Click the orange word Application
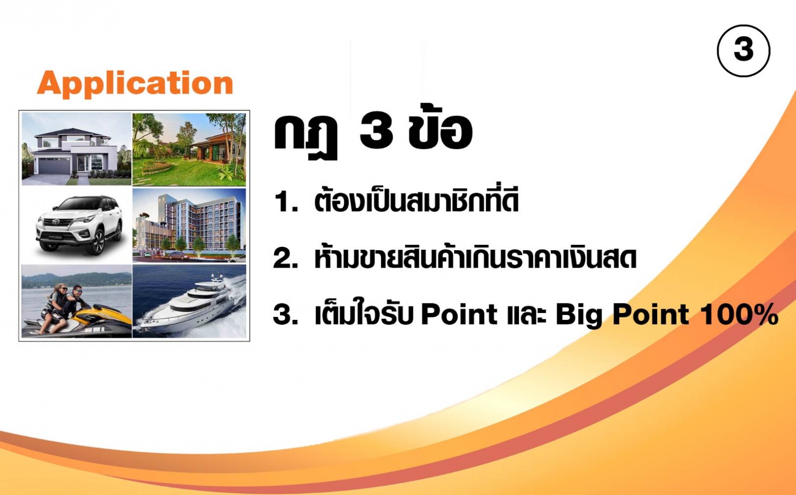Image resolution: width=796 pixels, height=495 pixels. click(x=135, y=83)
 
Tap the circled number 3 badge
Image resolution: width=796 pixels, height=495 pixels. click(x=743, y=50)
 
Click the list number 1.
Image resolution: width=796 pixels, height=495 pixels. click(x=286, y=202)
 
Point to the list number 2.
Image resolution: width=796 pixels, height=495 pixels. click(x=286, y=258)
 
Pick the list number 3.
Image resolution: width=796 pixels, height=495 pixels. click(x=286, y=315)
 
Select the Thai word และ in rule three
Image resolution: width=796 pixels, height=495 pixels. click(x=526, y=315)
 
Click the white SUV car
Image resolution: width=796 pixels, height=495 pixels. click(x=80, y=225)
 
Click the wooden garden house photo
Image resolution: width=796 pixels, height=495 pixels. click(x=189, y=150)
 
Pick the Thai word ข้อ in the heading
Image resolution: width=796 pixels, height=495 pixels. click(x=441, y=128)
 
